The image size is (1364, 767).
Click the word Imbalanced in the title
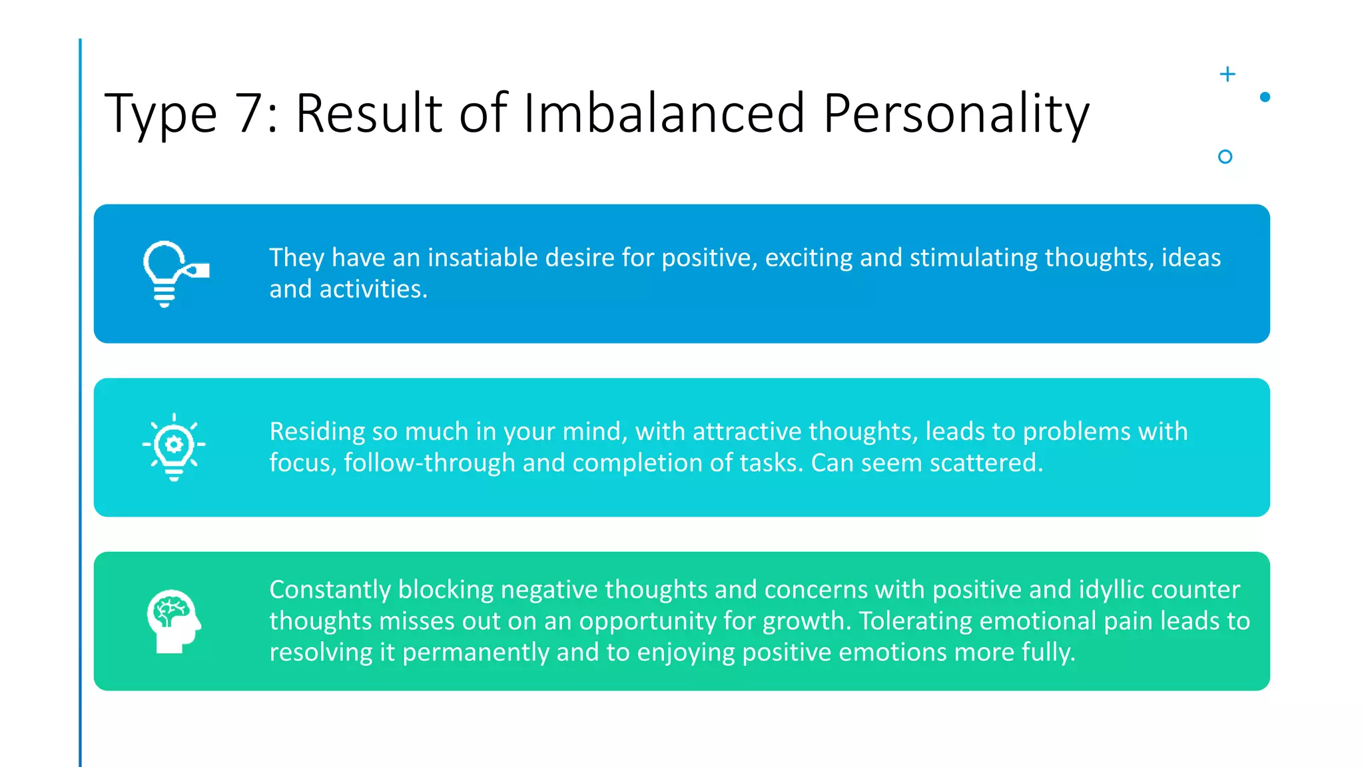[664, 113]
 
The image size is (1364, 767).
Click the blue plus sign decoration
[1227, 74]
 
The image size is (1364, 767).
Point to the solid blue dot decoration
[1265, 97]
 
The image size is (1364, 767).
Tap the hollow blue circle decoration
[1225, 156]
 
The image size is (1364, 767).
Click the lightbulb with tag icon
[174, 274]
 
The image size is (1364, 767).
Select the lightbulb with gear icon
[174, 447]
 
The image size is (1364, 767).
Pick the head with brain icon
[174, 621]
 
